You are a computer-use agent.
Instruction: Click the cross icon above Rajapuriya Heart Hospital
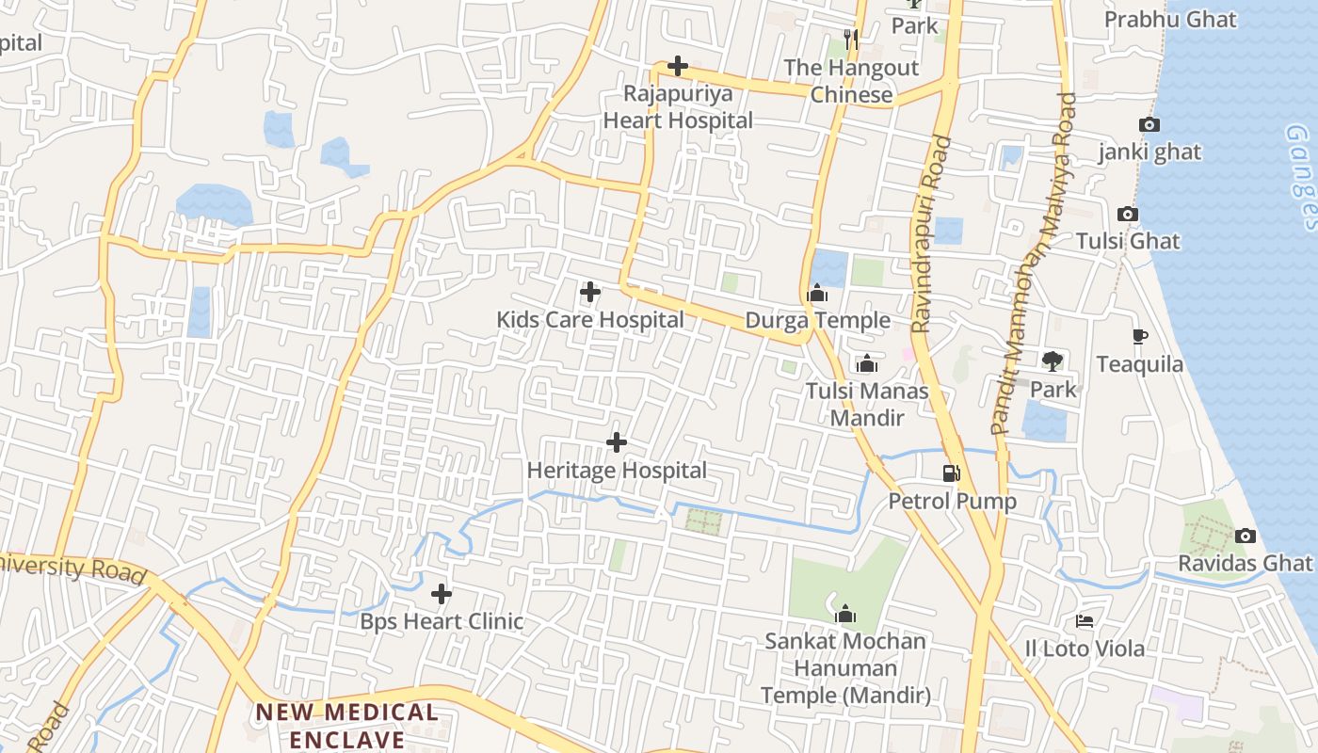pos(677,66)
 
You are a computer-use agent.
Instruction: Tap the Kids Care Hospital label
pos(590,320)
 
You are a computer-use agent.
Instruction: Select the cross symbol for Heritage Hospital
pos(617,441)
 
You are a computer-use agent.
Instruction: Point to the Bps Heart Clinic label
pos(442,621)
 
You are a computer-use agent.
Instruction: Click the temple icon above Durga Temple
pos(817,293)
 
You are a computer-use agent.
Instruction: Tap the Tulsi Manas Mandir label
pos(867,404)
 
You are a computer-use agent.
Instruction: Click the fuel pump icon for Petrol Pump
pos(952,473)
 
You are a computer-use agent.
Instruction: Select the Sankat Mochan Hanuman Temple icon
pos(845,614)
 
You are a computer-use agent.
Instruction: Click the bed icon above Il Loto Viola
pos(1085,621)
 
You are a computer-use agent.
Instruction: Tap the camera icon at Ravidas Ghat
pos(1246,536)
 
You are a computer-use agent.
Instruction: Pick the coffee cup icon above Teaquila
pos(1139,336)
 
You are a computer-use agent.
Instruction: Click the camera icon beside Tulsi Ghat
pos(1127,214)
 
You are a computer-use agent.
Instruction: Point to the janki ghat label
pos(1149,152)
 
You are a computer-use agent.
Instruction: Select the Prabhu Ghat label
pos(1170,19)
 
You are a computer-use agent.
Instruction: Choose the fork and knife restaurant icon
pos(851,39)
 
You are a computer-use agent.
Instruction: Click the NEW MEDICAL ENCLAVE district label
pos(347,726)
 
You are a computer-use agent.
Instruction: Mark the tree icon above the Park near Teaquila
pos(1053,360)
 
